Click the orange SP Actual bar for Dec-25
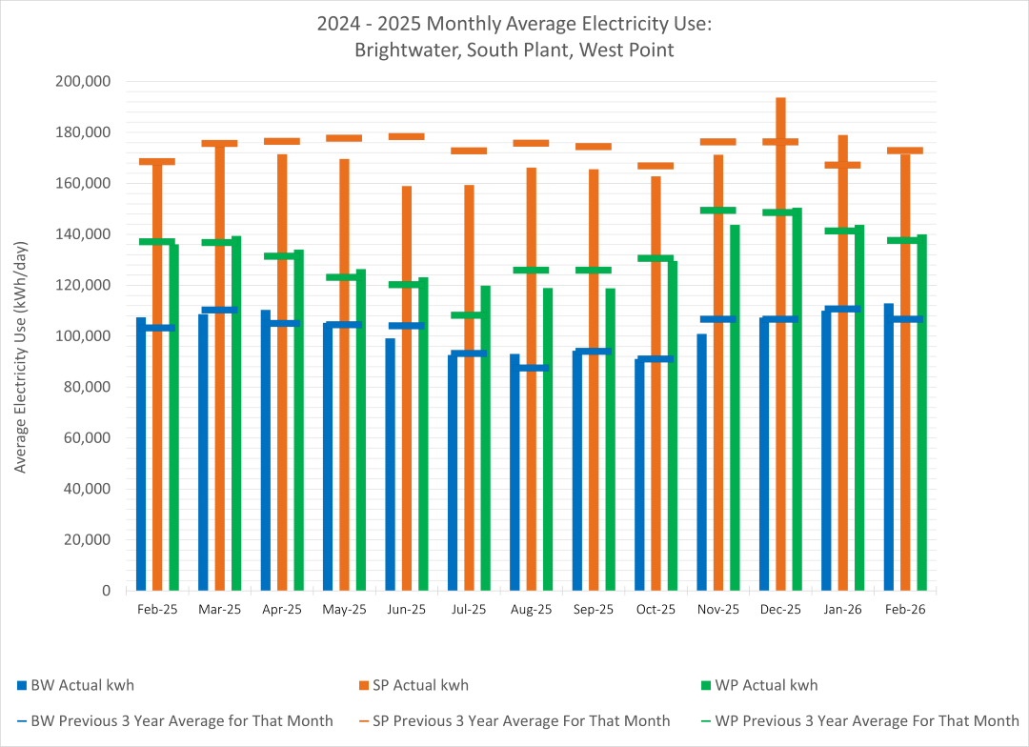(x=780, y=381)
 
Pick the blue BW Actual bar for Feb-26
(x=889, y=447)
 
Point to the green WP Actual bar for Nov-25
(x=735, y=419)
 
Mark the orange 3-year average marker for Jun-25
(x=407, y=136)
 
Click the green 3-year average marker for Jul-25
(x=469, y=315)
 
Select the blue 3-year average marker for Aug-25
(x=532, y=368)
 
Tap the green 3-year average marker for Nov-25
(x=718, y=211)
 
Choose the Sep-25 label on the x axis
(x=594, y=610)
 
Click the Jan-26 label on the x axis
(x=843, y=610)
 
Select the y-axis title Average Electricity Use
(x=20, y=335)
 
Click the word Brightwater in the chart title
(x=398, y=50)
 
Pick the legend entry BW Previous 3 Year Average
(x=182, y=720)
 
